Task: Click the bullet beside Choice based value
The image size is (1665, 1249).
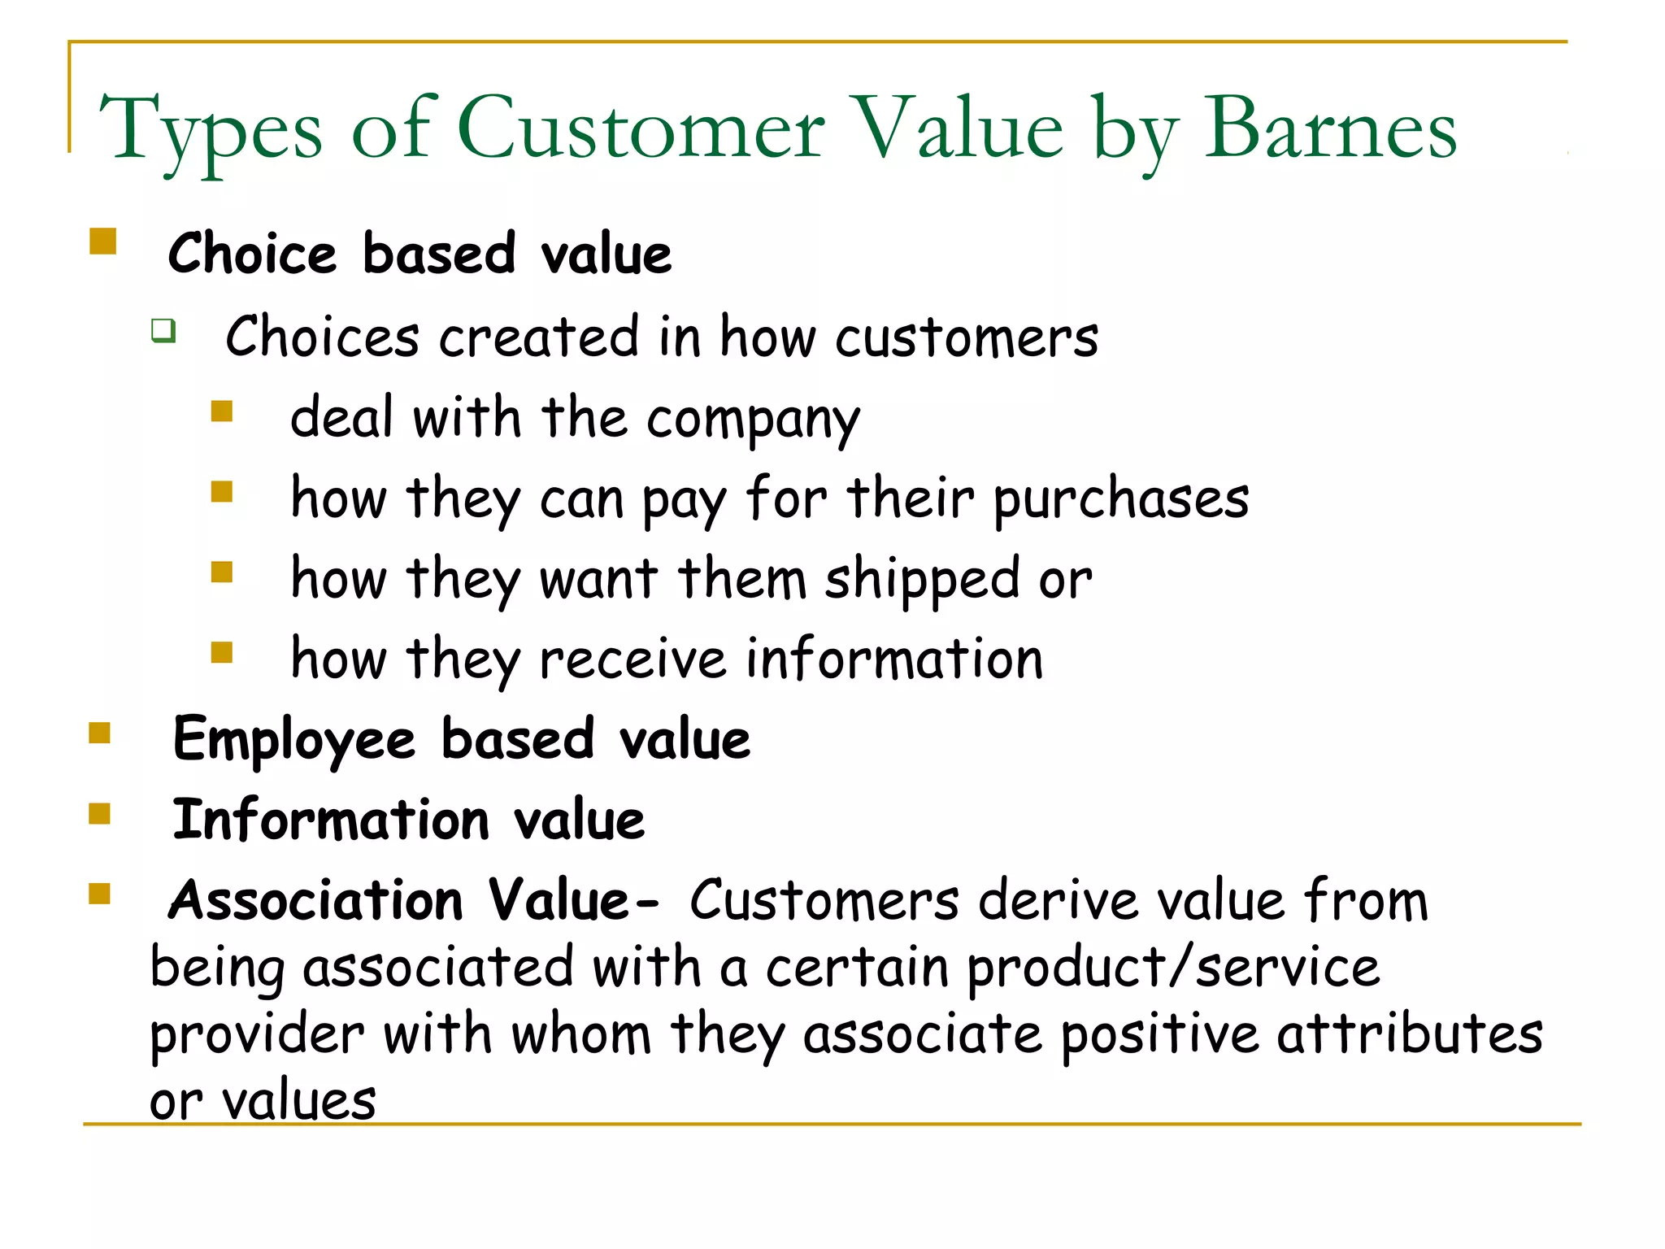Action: (x=103, y=242)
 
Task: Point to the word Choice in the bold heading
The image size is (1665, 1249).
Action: (x=251, y=254)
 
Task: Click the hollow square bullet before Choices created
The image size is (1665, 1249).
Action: (x=163, y=330)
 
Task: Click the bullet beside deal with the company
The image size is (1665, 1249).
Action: (x=222, y=411)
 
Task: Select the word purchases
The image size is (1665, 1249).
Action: (x=1121, y=499)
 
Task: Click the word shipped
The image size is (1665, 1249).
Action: (x=922, y=580)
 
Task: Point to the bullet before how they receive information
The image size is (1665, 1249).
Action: (x=222, y=652)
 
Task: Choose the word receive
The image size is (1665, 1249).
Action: (x=633, y=659)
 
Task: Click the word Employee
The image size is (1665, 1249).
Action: (x=294, y=741)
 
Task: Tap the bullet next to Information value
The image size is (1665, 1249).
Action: (x=100, y=813)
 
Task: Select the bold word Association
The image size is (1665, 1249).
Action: (x=315, y=901)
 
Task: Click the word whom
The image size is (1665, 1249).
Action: (x=581, y=1035)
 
